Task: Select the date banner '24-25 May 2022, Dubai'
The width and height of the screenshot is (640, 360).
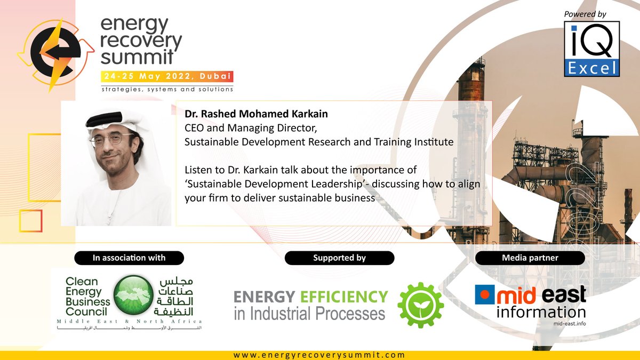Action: point(167,77)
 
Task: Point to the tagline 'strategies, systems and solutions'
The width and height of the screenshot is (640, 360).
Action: point(167,89)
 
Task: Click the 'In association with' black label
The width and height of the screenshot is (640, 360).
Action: point(129,258)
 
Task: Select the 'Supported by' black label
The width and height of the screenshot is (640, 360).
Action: point(339,258)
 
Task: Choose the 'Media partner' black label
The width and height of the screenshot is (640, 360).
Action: point(530,258)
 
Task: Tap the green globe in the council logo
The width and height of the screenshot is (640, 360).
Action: point(133,296)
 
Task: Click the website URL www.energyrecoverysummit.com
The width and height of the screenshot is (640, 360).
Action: point(319,355)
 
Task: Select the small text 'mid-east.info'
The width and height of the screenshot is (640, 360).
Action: point(566,323)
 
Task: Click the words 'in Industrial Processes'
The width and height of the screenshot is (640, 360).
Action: point(309,313)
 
